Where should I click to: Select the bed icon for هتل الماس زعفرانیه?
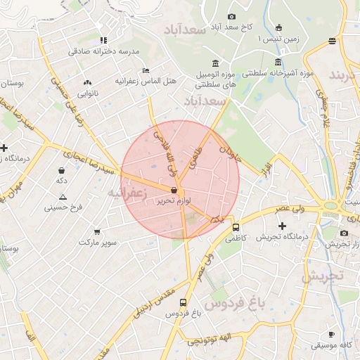[x=146, y=70]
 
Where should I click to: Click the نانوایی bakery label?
[x=87, y=93]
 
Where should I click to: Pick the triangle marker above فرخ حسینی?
[x=63, y=197]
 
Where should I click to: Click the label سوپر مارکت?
[x=98, y=242]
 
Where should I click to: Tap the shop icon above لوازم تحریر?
[x=174, y=191]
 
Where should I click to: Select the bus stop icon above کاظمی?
[x=236, y=227]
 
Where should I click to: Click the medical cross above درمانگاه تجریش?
[x=283, y=226]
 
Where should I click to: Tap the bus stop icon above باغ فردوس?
[x=184, y=302]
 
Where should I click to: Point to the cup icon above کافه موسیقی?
[x=331, y=334]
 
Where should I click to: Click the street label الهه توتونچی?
[x=212, y=340]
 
